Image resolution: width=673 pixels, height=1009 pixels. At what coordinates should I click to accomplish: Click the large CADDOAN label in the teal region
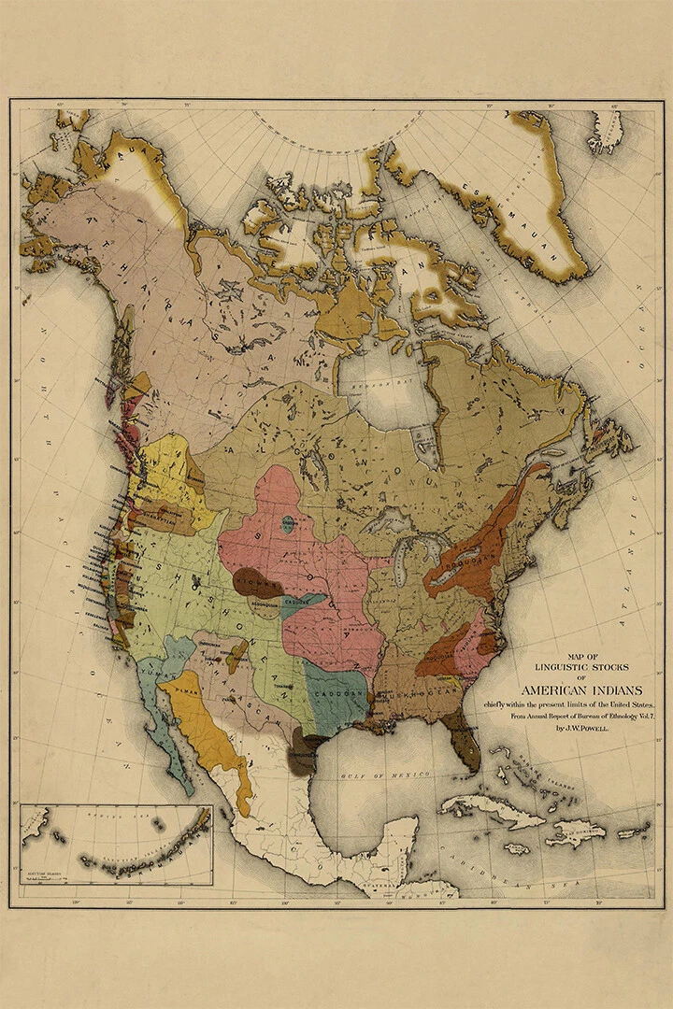334,697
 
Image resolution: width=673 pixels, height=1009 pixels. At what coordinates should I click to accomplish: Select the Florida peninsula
465,743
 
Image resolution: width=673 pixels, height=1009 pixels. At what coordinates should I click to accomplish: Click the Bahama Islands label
537,771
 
